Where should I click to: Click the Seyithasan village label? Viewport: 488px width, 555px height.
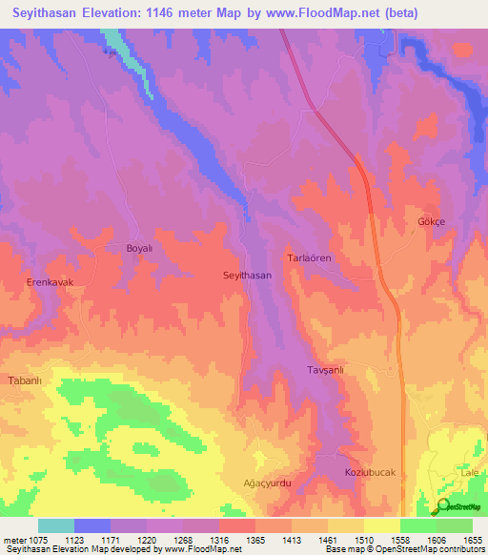pos(247,275)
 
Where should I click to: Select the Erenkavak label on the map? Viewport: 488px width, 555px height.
pos(50,283)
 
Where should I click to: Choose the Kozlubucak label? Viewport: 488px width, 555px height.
pos(369,473)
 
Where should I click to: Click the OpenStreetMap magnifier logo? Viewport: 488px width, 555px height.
pos(441,506)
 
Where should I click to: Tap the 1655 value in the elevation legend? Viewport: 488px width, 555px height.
pos(471,540)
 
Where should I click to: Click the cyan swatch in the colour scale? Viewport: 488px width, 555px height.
pos(55,525)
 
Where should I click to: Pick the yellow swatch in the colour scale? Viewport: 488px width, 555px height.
pos(381,525)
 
